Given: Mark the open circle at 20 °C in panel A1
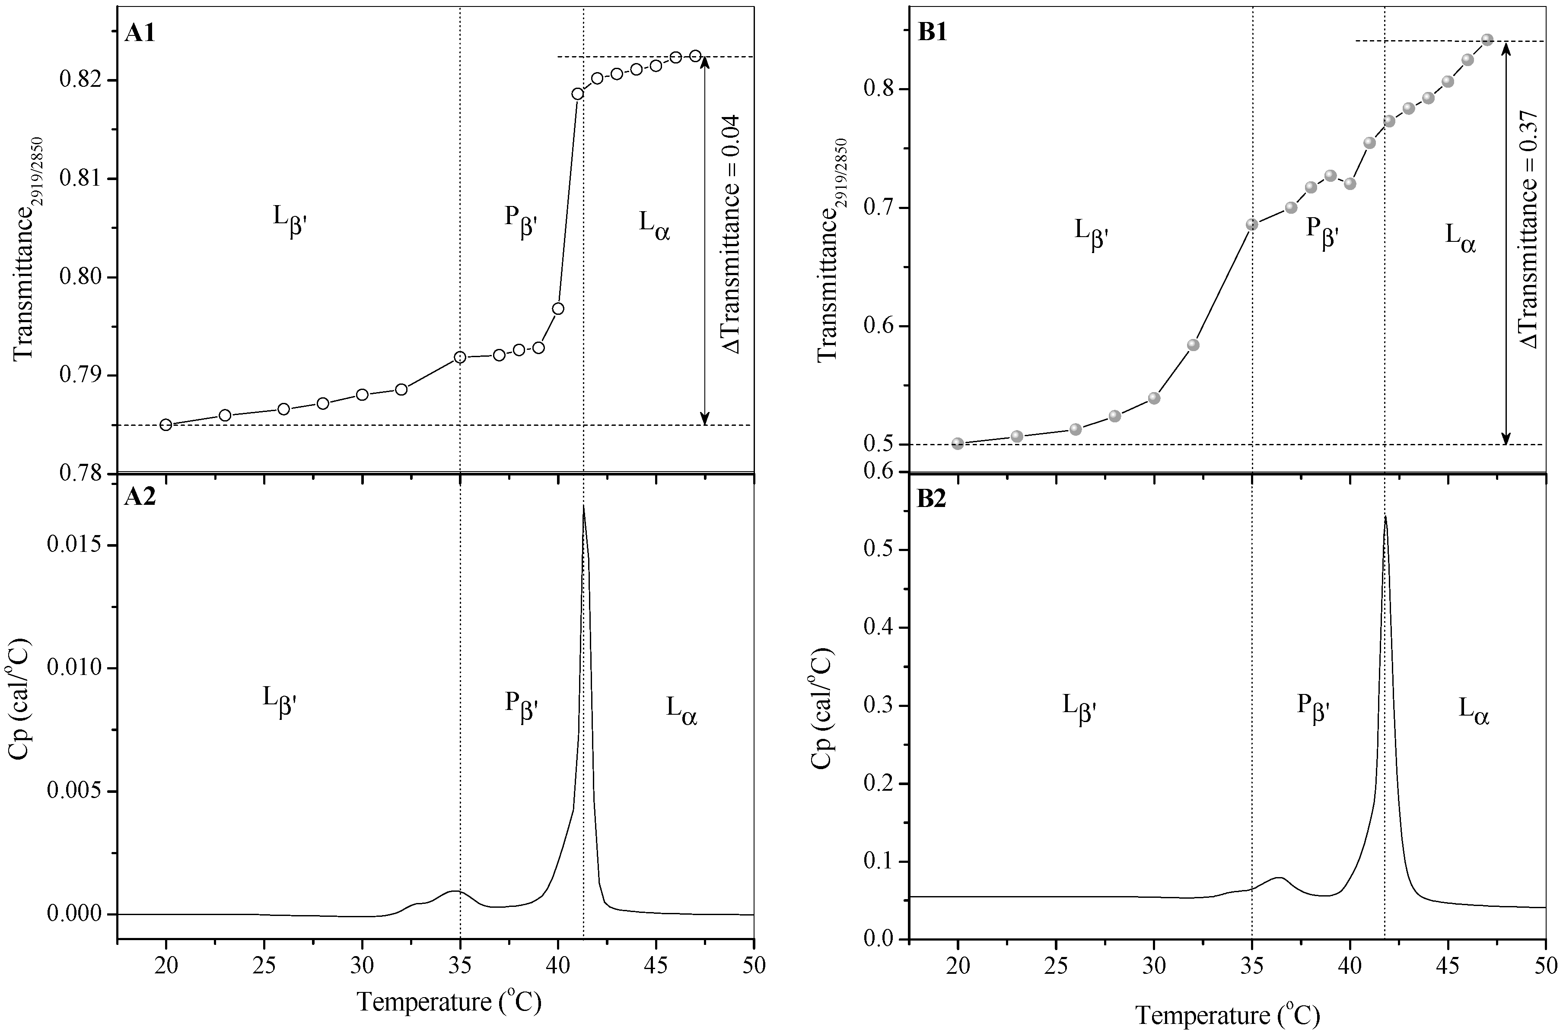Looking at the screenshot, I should pos(166,424).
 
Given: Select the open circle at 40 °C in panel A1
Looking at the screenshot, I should pos(558,308).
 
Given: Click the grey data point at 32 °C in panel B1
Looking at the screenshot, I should pos(1194,345).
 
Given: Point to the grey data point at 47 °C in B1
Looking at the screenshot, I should pos(1487,40).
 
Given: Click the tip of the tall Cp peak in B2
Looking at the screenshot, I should pos(1385,517).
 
